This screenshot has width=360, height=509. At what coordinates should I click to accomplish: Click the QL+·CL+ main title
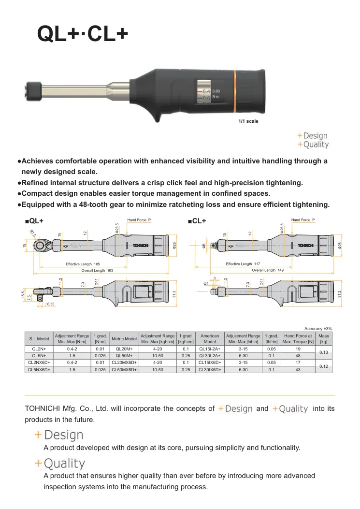(83, 33)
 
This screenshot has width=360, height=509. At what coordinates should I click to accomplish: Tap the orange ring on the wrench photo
(234, 91)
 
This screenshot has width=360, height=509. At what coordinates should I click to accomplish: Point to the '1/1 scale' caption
(248, 121)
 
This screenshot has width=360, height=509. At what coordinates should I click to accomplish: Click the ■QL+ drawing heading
(34, 221)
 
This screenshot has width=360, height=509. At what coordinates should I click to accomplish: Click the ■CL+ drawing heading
(197, 221)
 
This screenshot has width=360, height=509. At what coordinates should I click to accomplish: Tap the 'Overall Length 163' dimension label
(97, 270)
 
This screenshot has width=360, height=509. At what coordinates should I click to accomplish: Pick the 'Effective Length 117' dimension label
(243, 264)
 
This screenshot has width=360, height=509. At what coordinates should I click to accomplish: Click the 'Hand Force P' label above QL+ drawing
(139, 220)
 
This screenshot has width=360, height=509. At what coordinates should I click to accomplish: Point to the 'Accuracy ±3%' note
(318, 329)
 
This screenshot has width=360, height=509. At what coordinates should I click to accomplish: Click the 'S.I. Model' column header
(39, 338)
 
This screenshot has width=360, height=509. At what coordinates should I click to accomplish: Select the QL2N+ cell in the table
(39, 349)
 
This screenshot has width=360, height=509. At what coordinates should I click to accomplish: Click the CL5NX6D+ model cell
(39, 370)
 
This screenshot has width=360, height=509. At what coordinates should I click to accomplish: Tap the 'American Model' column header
(210, 338)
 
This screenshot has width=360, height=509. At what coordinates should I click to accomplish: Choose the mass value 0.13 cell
(324, 352)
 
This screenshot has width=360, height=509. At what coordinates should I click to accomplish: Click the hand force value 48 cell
(298, 356)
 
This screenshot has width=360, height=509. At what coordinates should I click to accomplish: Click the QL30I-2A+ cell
(210, 356)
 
